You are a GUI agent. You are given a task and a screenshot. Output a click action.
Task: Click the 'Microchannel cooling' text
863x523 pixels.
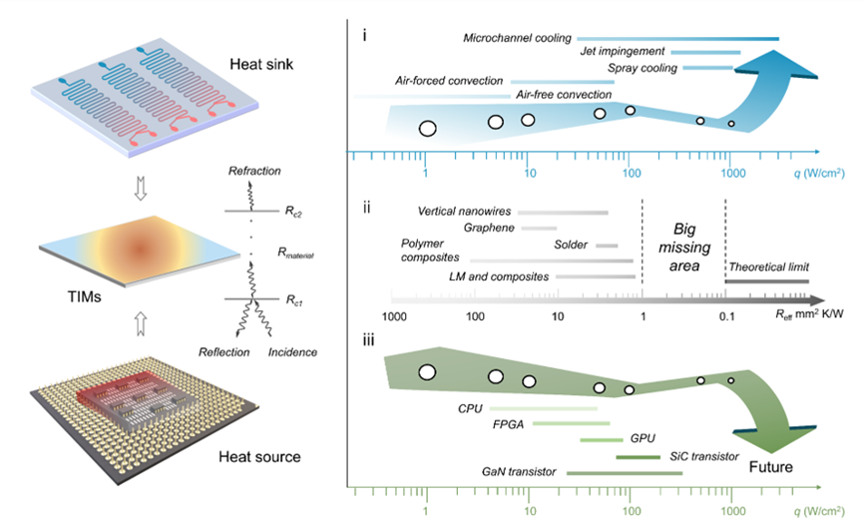point(517,38)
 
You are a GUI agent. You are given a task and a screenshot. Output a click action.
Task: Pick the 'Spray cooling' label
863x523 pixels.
point(643,68)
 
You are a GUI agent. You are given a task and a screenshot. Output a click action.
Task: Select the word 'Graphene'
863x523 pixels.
point(491,228)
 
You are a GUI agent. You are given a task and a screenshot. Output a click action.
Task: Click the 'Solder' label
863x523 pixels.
point(571,245)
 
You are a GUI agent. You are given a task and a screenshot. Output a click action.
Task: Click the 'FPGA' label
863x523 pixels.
point(509,424)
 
